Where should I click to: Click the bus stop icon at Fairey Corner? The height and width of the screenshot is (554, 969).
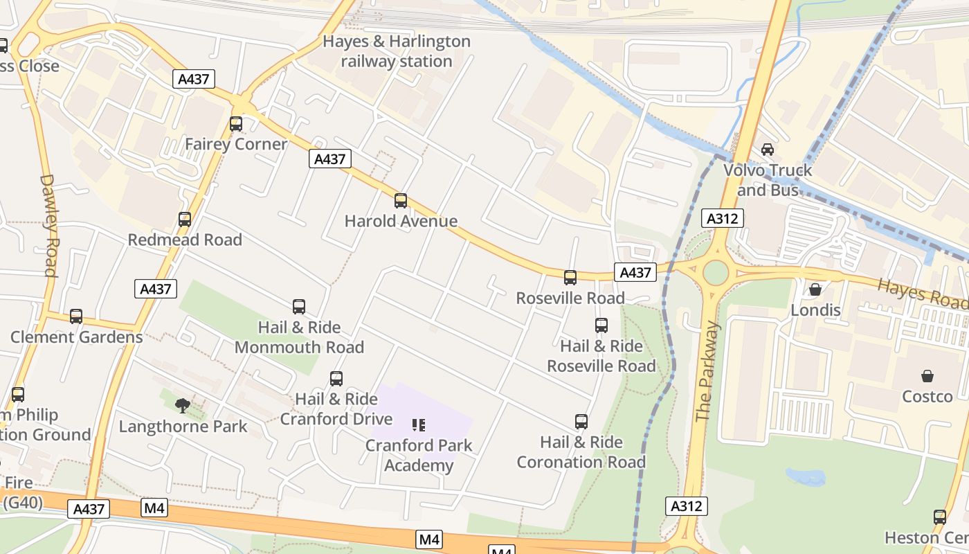click(236, 124)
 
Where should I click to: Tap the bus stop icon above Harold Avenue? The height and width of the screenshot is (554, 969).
click(401, 201)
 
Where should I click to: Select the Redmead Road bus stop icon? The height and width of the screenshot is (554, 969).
click(185, 220)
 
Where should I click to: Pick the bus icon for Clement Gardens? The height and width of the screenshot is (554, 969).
click(76, 316)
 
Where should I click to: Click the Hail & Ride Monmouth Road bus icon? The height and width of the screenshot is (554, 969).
click(299, 307)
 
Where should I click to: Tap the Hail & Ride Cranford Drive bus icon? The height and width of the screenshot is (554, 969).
click(336, 379)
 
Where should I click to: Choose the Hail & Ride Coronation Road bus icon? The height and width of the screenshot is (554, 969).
click(581, 422)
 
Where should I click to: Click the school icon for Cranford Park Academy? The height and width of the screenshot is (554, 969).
click(419, 425)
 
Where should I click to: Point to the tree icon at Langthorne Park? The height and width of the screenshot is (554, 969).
click(183, 405)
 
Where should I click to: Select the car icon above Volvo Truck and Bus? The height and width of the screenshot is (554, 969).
click(768, 150)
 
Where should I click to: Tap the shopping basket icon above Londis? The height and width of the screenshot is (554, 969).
click(815, 289)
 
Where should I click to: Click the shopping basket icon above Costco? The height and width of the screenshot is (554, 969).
click(927, 376)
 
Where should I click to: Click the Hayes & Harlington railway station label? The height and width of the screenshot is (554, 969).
click(397, 51)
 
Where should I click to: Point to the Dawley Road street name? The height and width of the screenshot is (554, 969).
click(48, 225)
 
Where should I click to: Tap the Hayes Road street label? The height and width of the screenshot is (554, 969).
click(920, 293)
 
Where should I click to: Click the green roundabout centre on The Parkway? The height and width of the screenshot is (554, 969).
click(716, 273)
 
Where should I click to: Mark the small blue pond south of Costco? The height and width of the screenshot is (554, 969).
click(806, 477)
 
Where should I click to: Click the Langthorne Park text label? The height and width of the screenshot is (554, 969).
click(183, 426)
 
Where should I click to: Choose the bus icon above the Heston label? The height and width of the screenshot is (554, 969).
click(940, 517)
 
